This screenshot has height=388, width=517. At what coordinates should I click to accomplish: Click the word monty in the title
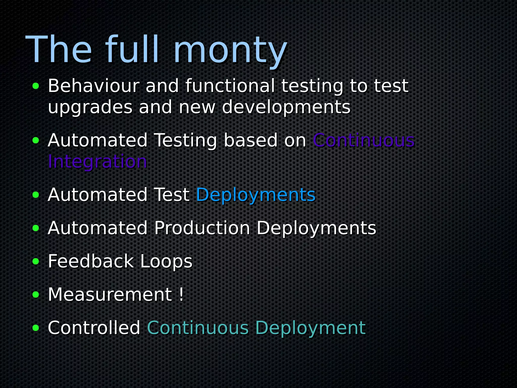tap(230, 51)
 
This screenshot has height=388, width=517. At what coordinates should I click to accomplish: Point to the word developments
tap(286, 107)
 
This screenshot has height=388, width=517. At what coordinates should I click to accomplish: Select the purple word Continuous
tap(364, 140)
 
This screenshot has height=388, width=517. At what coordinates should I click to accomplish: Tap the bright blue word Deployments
tap(256, 195)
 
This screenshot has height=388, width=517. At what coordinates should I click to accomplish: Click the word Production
tap(202, 228)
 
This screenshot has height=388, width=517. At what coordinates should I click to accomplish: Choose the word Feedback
tap(91, 261)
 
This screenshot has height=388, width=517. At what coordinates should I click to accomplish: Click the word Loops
tap(166, 262)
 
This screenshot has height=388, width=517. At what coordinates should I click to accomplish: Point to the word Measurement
tap(110, 295)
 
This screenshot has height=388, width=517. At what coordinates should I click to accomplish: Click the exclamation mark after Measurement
tap(181, 295)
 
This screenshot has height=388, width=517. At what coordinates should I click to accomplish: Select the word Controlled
tap(94, 328)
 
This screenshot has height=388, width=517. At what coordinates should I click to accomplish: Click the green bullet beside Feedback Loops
tap(36, 262)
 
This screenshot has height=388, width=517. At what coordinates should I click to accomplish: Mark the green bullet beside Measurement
tap(36, 295)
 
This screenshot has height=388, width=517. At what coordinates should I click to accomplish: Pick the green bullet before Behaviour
tap(36, 86)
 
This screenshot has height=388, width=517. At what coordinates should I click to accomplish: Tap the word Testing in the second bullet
tap(185, 140)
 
